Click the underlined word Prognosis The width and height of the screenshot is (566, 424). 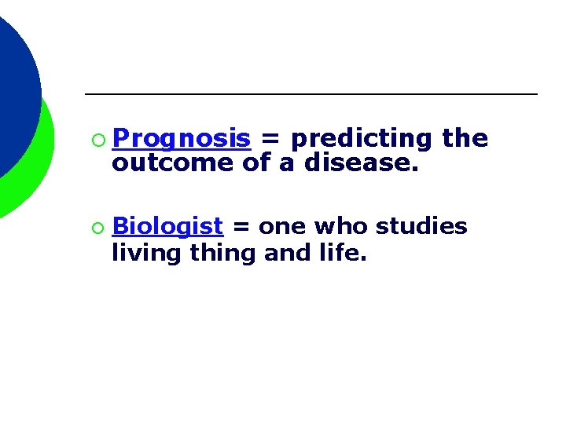pyautogui.click(x=181, y=139)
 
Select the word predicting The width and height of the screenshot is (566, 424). pyautogui.click(x=361, y=139)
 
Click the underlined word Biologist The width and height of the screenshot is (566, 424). pyautogui.click(x=167, y=227)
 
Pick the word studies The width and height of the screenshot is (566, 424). pyautogui.click(x=421, y=227)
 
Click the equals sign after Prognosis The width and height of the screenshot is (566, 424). pyautogui.click(x=270, y=140)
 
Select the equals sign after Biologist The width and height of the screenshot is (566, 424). pyautogui.click(x=241, y=228)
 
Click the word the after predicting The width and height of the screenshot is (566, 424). pyautogui.click(x=465, y=139)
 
